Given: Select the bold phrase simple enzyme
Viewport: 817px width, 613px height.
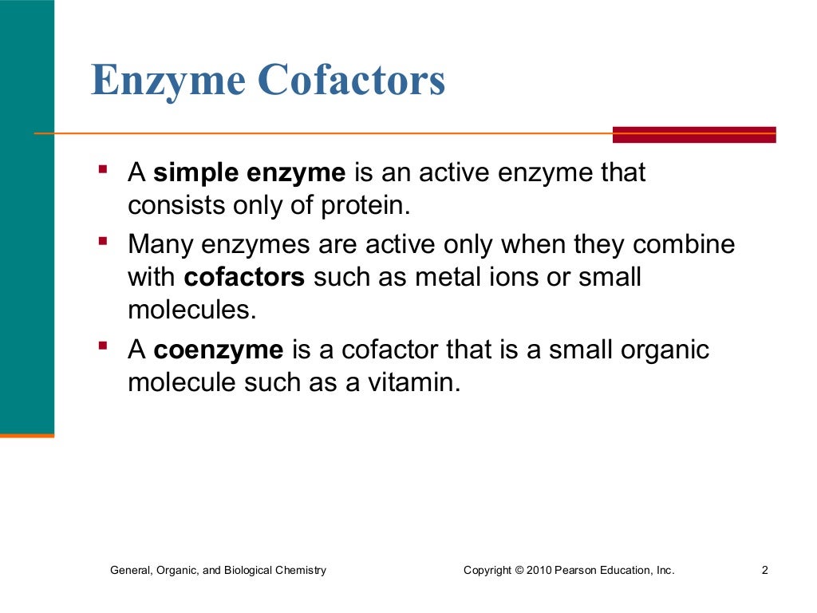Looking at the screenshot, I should tap(250, 173).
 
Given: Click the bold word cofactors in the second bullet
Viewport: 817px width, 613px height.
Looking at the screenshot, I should tap(245, 277).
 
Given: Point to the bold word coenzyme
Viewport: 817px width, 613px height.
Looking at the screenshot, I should tap(219, 350).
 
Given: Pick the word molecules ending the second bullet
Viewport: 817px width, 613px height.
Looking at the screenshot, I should tap(191, 310).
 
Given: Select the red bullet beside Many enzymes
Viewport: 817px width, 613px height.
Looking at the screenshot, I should tap(103, 239).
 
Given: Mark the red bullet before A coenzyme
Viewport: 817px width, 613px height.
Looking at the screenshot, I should tap(103, 346).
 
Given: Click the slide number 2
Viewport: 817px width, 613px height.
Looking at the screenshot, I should tap(764, 570).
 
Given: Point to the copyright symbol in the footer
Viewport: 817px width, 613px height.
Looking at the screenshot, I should tap(519, 570).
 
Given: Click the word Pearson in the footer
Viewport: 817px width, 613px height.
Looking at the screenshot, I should tap(574, 570).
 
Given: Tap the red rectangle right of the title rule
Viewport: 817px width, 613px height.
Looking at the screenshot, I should tap(693, 135).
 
